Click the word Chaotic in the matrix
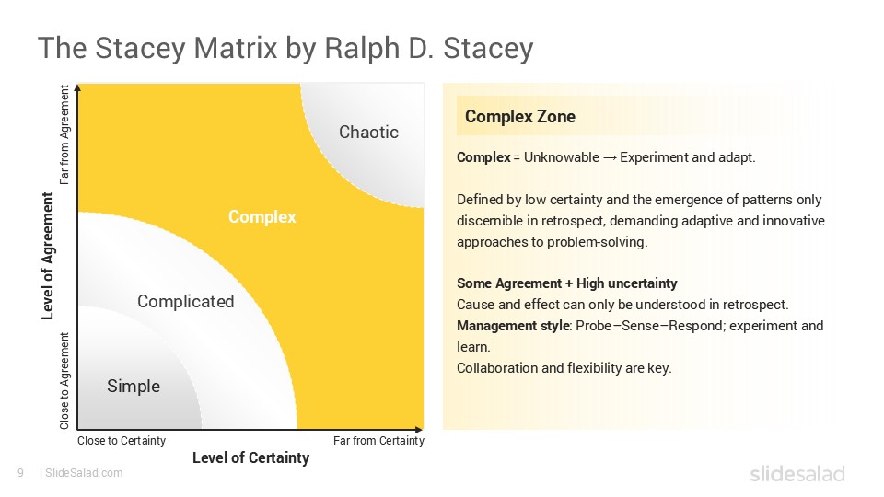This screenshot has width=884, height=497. pyautogui.click(x=368, y=132)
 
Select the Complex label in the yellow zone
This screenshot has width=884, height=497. pyautogui.click(x=262, y=217)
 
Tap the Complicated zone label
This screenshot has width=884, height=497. pyautogui.click(x=185, y=301)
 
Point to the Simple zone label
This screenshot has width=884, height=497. pyautogui.click(x=134, y=386)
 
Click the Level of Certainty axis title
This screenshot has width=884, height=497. pyautogui.click(x=250, y=457)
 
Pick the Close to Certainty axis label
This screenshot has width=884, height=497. pyautogui.click(x=122, y=441)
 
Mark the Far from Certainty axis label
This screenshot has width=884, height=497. pyautogui.click(x=378, y=441)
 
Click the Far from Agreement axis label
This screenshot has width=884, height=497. pyautogui.click(x=64, y=135)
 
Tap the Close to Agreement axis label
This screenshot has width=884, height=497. pyautogui.click(x=64, y=381)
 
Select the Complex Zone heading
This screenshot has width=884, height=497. pyautogui.click(x=520, y=116)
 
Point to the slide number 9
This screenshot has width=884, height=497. pyautogui.click(x=19, y=473)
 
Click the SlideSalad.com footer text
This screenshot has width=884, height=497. pyautogui.click(x=83, y=473)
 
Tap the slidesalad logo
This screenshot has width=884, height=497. pyautogui.click(x=797, y=474)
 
